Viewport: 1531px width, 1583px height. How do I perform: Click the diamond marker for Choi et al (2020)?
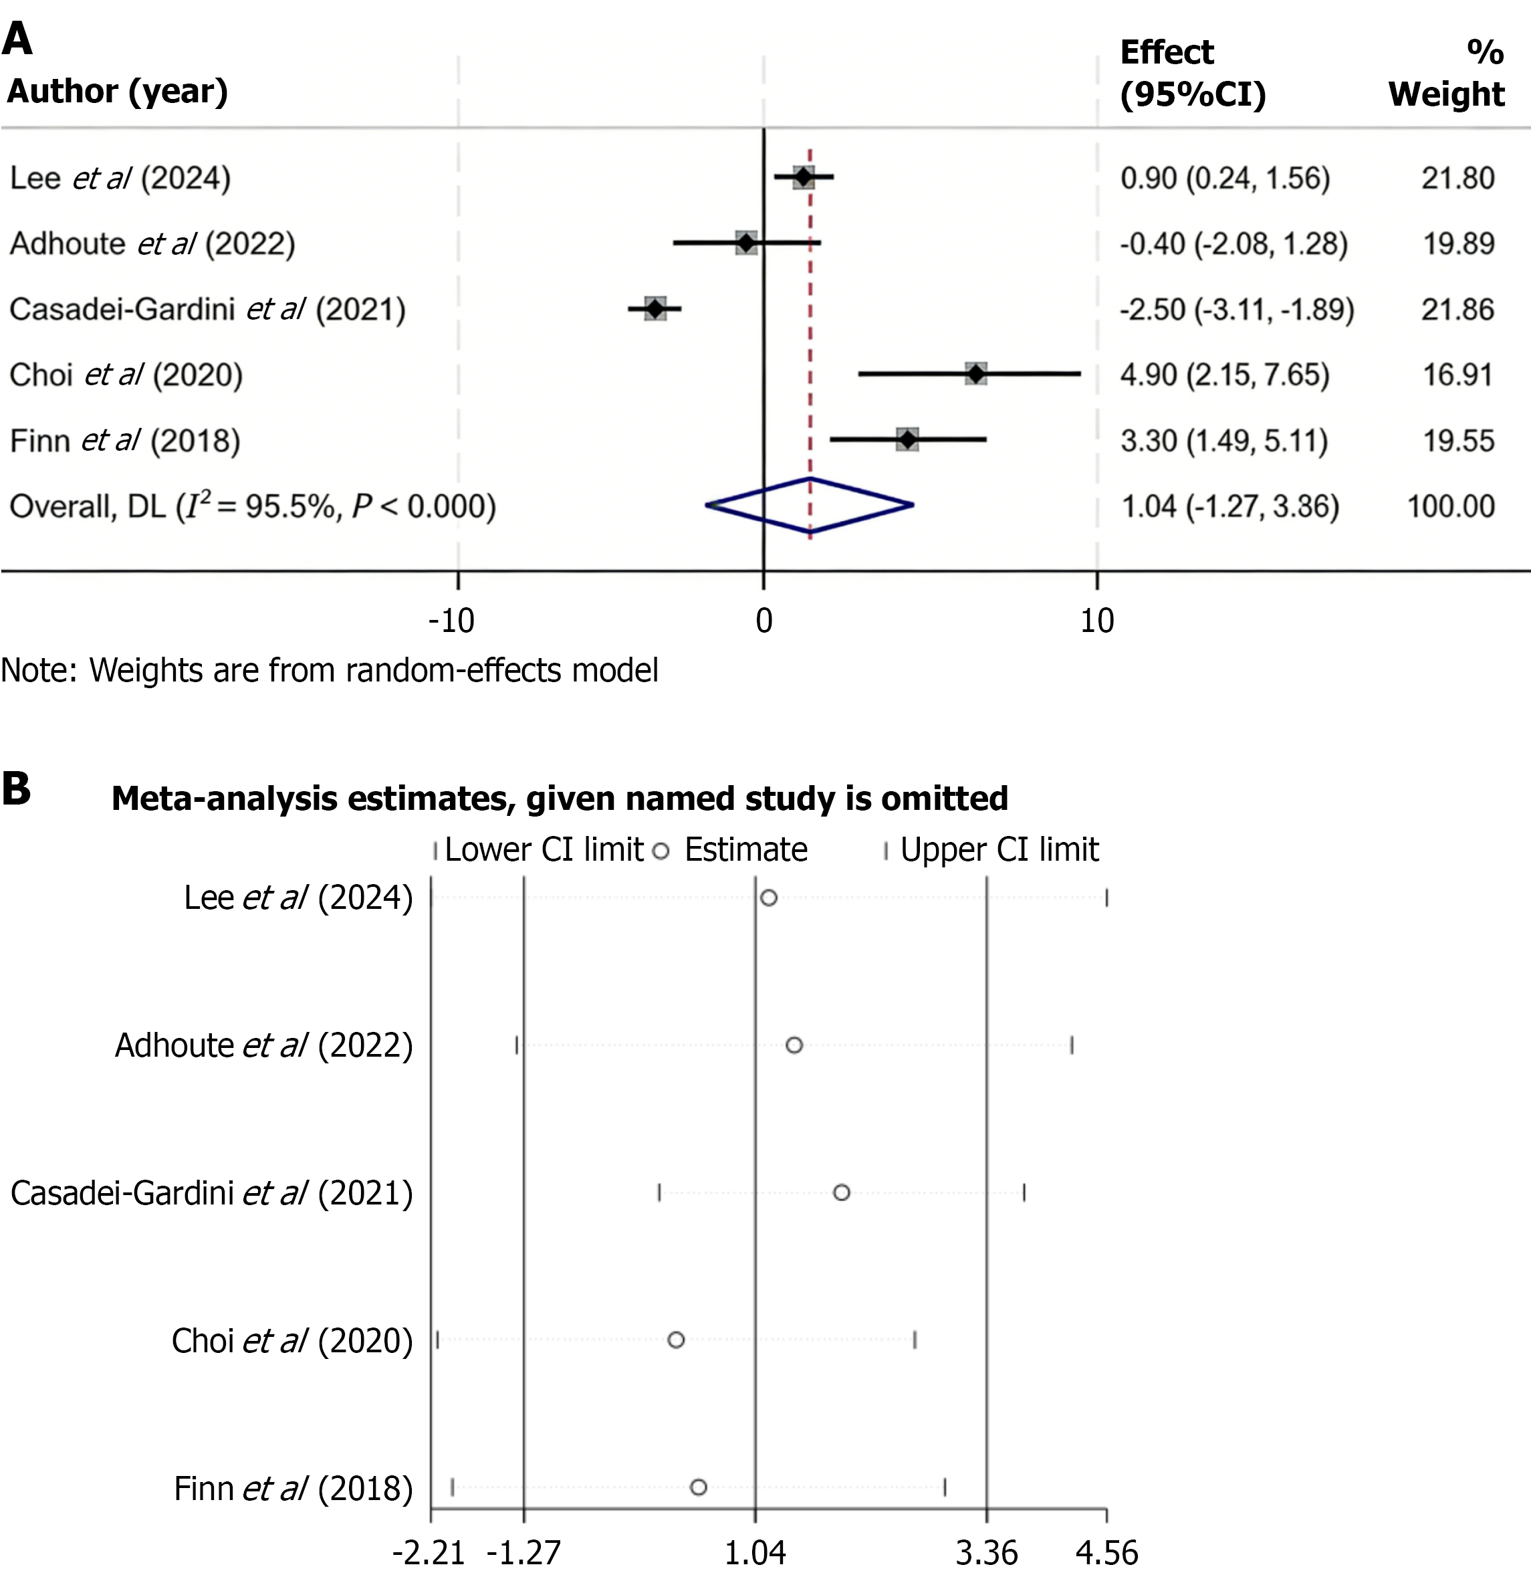pos(976,374)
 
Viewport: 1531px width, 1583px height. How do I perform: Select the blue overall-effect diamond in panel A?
pos(810,506)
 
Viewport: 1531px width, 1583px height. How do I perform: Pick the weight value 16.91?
pos(1457,375)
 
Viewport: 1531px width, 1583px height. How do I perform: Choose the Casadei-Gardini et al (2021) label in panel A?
pos(207,310)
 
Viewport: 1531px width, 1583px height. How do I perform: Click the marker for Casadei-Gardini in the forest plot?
pos(655,308)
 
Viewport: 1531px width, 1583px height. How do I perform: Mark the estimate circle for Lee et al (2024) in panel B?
pos(769,898)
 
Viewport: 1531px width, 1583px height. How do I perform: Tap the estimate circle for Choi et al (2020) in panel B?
pos(676,1340)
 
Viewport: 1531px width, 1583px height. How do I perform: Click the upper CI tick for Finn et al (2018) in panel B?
pos(945,1487)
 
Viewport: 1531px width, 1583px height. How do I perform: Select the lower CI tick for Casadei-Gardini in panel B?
pos(659,1193)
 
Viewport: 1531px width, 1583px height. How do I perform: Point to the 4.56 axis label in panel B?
pos(1106,1553)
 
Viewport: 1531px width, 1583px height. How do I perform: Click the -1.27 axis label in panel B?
pos(523,1553)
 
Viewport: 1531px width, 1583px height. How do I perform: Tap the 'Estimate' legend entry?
pos(745,849)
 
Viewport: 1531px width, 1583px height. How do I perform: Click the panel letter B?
pos(16,789)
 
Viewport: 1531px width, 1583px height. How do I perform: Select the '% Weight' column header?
pos(1446,74)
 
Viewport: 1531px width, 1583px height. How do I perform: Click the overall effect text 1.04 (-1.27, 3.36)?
pos(1229,506)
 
